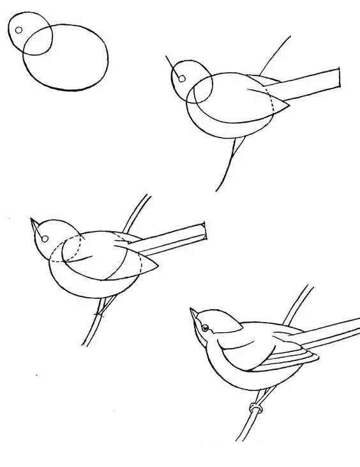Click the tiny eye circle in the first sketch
point(19,30)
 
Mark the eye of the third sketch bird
point(44,240)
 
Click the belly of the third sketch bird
point(77,287)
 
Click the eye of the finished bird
point(205,329)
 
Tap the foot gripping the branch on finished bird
point(256,408)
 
